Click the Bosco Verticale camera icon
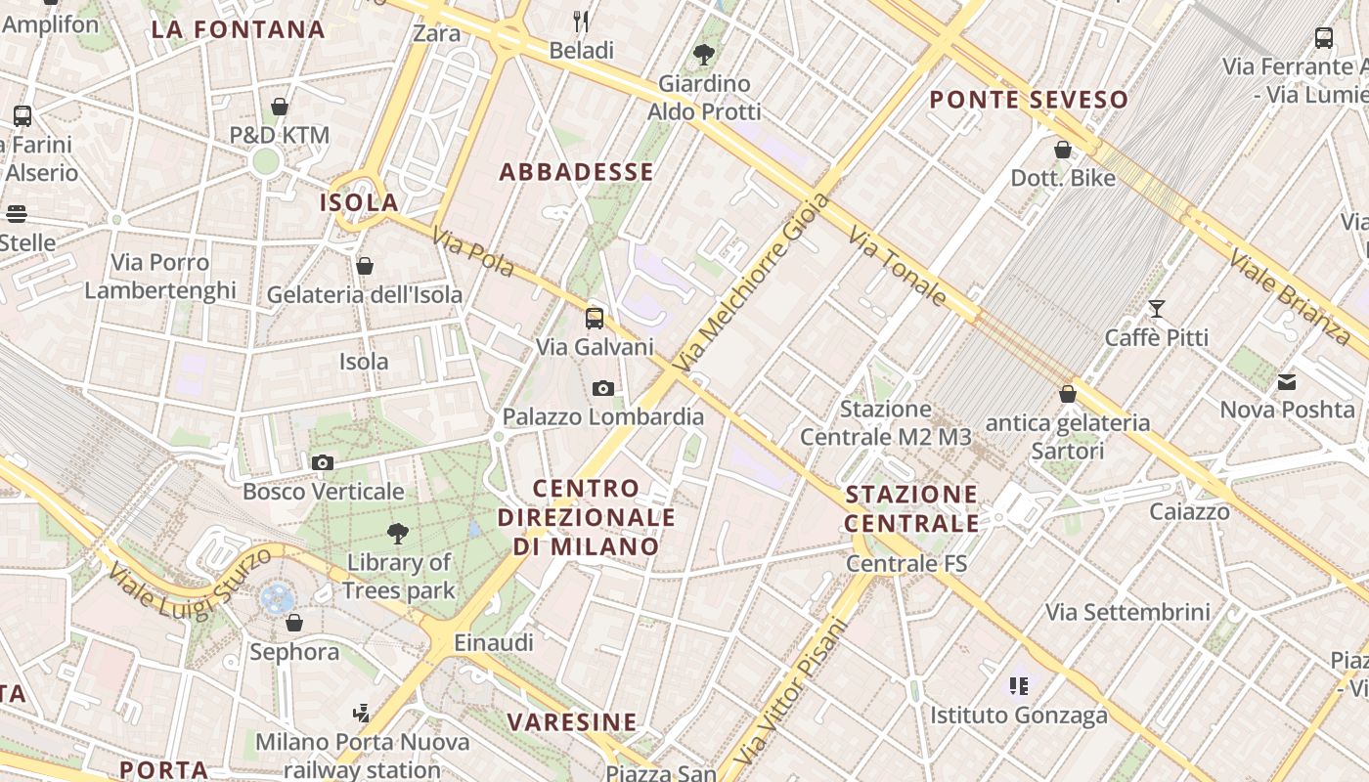click(323, 462)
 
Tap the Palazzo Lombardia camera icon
click(603, 388)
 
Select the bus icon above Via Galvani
click(595, 318)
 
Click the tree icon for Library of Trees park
click(398, 534)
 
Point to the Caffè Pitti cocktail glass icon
click(1157, 309)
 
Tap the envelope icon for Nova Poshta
click(1287, 381)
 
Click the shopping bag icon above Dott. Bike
click(1063, 150)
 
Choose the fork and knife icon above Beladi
click(581, 21)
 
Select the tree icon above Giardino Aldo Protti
click(703, 55)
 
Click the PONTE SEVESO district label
click(1029, 100)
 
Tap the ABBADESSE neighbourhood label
click(576, 173)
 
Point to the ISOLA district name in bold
click(359, 203)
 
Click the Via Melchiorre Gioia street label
click(752, 281)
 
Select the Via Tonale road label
click(897, 266)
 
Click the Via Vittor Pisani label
click(789, 691)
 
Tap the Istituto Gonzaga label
click(1018, 715)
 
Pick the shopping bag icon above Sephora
click(294, 623)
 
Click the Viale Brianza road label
click(1290, 296)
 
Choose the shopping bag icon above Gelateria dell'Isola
click(365, 266)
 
